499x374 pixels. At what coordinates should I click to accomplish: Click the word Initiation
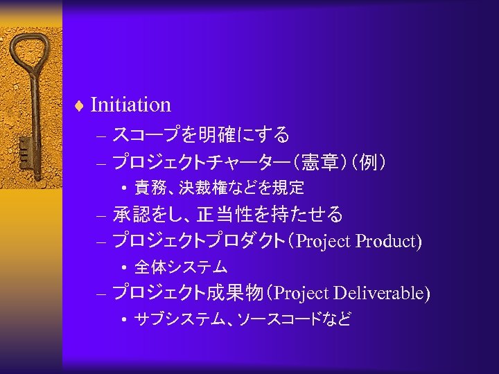coord(130,105)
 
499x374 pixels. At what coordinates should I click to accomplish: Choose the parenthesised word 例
coord(364,163)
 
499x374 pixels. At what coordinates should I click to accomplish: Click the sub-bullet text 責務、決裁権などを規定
coord(219,188)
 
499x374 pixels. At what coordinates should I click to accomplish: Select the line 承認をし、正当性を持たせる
coord(227,215)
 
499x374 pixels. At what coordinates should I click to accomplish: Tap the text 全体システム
coord(181,267)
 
